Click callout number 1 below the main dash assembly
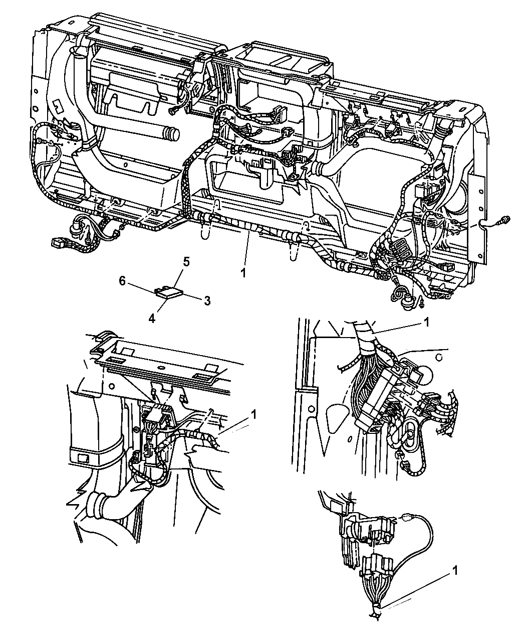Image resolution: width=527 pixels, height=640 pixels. point(243,273)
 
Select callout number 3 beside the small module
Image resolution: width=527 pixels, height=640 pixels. point(207,301)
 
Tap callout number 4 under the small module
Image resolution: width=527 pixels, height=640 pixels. point(152,319)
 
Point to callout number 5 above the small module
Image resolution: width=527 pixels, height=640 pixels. point(186,262)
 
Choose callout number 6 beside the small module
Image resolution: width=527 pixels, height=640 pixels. point(122,281)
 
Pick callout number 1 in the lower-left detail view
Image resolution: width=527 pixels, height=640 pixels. point(253,415)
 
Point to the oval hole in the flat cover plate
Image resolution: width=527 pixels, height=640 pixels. point(159,367)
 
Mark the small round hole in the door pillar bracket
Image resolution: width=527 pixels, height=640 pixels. point(312,409)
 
